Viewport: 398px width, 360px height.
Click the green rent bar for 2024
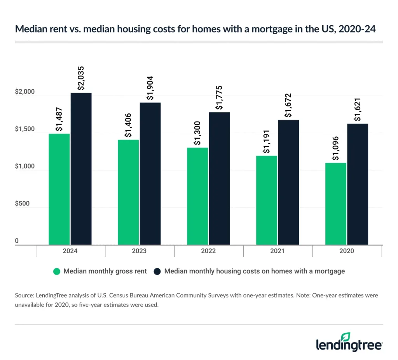[59, 189]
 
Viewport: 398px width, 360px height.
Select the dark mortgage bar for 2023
[150, 174]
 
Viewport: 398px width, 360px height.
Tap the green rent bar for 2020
[336, 203]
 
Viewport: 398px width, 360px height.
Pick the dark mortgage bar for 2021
[288, 182]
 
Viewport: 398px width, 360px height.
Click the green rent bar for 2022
[197, 196]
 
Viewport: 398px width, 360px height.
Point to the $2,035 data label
[81, 80]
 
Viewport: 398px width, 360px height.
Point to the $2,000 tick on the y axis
[25, 92]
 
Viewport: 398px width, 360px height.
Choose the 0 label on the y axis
[17, 241]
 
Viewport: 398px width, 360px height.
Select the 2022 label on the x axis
[208, 251]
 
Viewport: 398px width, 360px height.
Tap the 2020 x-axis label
[347, 251]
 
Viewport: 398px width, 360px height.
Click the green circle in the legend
[57, 271]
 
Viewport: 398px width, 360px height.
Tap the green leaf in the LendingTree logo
[346, 336]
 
